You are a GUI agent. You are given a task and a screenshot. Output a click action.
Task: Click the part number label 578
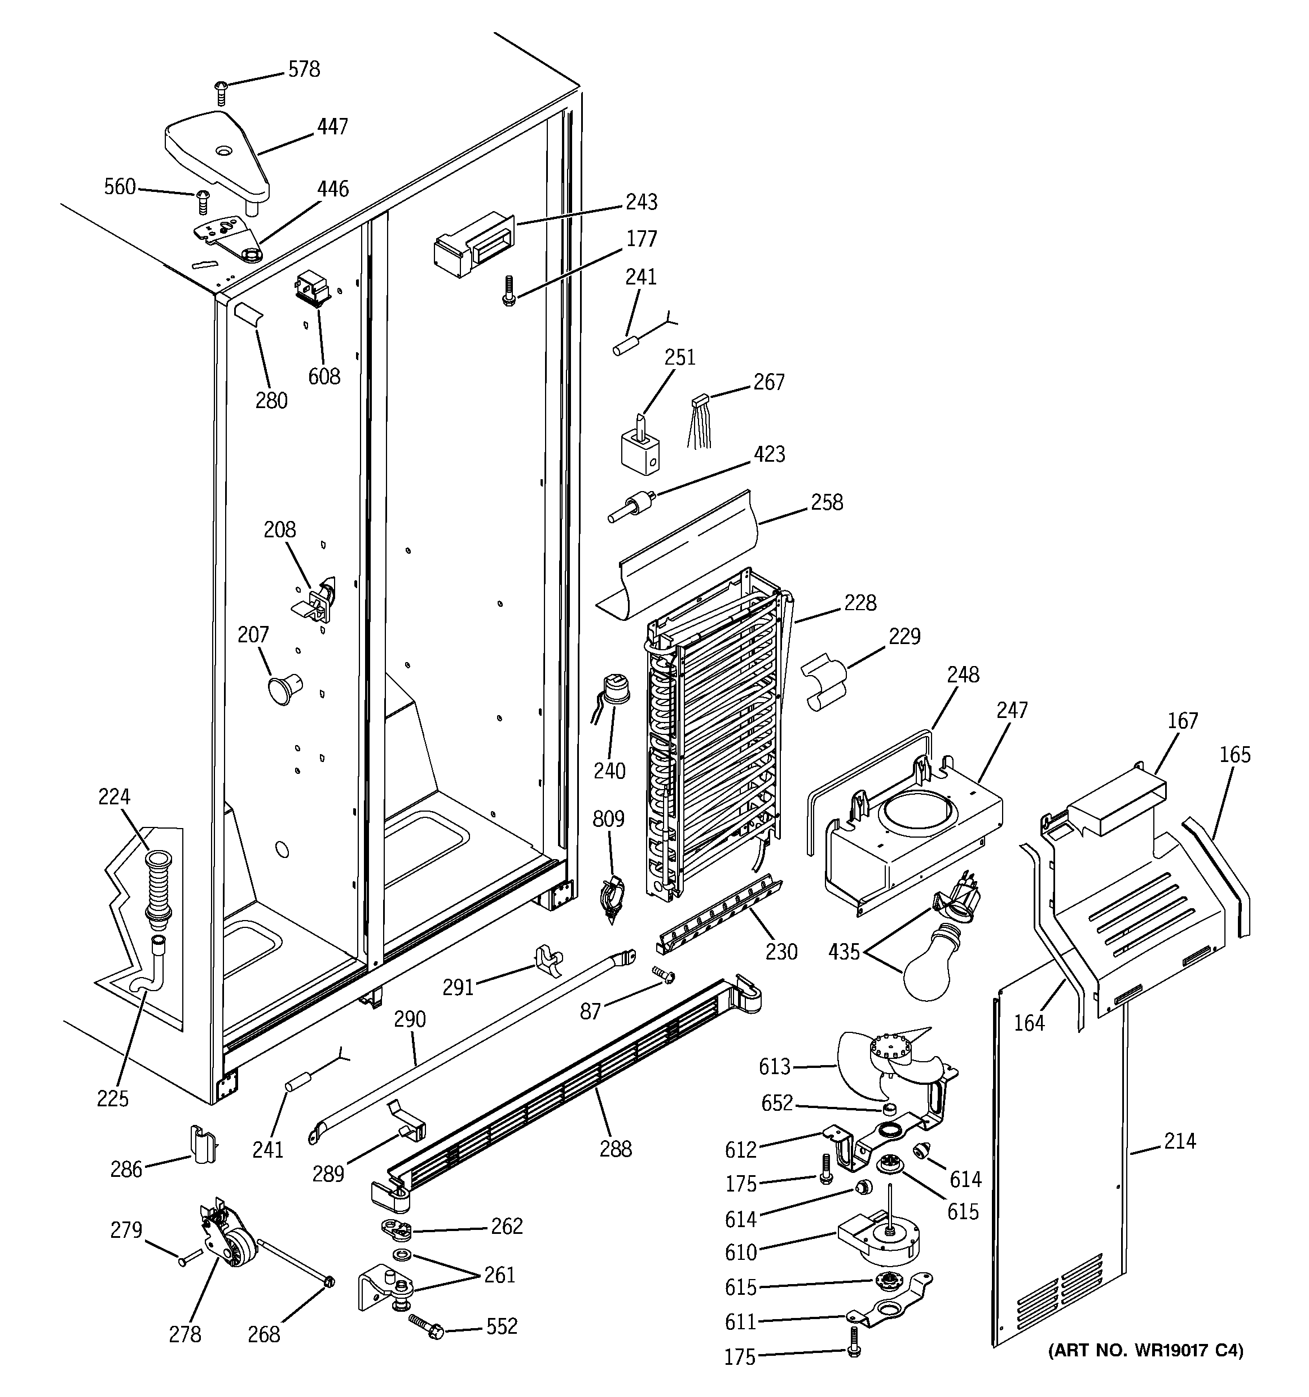pos(304,69)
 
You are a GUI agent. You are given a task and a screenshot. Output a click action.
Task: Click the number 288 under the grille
pos(616,1150)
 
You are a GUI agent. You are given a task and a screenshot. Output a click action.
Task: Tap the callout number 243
pos(641,203)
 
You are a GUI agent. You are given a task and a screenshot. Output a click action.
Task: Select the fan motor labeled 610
pos(878,1247)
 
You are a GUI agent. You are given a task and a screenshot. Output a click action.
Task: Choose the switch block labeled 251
pos(640,447)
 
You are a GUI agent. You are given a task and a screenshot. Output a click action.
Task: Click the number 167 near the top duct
pos(1183,721)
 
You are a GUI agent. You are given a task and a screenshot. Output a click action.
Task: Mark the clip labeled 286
pos(203,1147)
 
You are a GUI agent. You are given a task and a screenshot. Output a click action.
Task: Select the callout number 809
pos(608,820)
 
